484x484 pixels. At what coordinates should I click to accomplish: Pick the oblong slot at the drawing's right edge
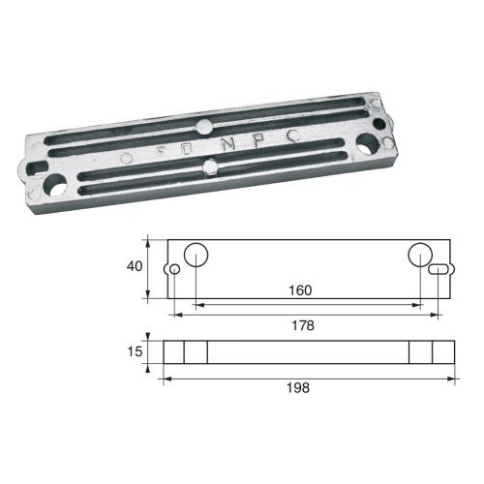(x=439, y=269)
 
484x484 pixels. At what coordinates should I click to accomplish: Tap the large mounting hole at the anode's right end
(x=369, y=146)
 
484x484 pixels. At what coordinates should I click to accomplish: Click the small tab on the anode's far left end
(x=23, y=175)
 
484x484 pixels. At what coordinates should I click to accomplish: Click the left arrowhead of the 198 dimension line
(x=166, y=377)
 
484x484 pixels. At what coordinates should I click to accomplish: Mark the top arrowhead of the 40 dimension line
(x=148, y=242)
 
